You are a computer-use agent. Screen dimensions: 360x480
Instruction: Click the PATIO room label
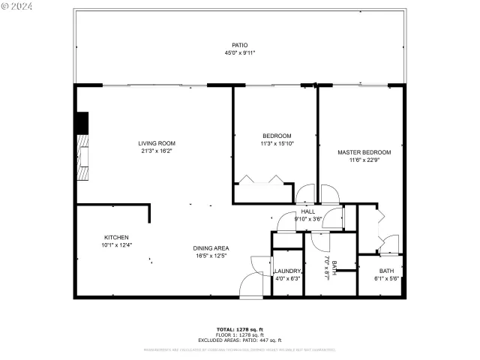pyautogui.click(x=240, y=45)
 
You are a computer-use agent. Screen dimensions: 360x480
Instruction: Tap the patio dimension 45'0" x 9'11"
pyautogui.click(x=240, y=53)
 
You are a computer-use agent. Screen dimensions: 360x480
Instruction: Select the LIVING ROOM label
pyautogui.click(x=157, y=143)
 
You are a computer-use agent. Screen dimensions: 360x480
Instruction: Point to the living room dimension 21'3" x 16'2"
pyautogui.click(x=157, y=151)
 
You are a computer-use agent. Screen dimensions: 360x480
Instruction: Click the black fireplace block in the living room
pyautogui.click(x=82, y=123)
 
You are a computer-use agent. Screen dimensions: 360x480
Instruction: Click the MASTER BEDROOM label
pyautogui.click(x=364, y=152)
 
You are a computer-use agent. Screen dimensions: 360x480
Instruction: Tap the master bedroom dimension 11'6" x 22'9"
pyautogui.click(x=364, y=160)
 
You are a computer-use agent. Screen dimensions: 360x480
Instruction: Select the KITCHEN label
pyautogui.click(x=115, y=237)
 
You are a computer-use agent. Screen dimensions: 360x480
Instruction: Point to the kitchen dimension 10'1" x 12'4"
pyautogui.click(x=115, y=244)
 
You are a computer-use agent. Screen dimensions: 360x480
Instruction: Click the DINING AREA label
pyautogui.click(x=211, y=248)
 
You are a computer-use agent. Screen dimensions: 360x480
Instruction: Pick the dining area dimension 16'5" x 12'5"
pyautogui.click(x=211, y=256)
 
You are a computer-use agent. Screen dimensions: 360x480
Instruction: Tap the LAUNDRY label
pyautogui.click(x=287, y=271)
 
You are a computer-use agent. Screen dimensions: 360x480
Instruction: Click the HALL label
pyautogui.click(x=308, y=211)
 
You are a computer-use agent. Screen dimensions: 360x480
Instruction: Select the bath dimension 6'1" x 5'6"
pyautogui.click(x=386, y=278)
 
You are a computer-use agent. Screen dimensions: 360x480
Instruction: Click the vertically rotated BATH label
pyautogui.click(x=334, y=265)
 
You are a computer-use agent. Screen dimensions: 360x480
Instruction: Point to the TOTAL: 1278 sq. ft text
pyautogui.click(x=240, y=329)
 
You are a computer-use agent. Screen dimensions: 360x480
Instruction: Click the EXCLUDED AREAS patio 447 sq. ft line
pyautogui.click(x=240, y=340)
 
